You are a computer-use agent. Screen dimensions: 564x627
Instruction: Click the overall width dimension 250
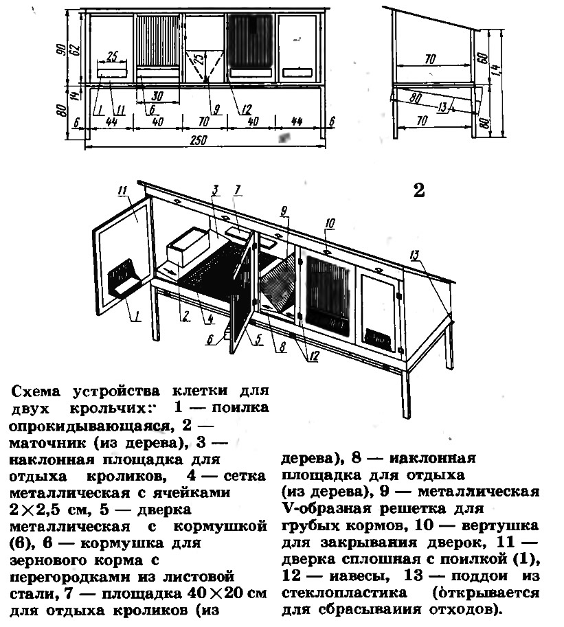[198, 140]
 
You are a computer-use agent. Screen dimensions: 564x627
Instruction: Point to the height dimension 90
[62, 49]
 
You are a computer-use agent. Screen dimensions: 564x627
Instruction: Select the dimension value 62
[75, 49]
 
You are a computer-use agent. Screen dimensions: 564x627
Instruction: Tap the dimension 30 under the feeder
[157, 96]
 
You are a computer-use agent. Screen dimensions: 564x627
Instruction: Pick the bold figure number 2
[419, 191]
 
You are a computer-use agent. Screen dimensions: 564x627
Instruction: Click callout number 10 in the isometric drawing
[330, 223]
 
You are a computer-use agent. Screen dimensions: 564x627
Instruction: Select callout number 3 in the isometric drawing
[215, 190]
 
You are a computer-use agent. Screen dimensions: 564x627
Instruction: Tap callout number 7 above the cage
[238, 190]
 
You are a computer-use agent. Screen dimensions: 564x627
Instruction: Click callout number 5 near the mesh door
[258, 339]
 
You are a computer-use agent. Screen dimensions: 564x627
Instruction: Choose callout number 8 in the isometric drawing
[282, 347]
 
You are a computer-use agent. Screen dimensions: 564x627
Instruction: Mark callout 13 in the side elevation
[443, 106]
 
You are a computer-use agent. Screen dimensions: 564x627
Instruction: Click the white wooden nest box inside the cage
[188, 247]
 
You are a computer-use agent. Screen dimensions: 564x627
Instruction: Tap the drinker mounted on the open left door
[122, 278]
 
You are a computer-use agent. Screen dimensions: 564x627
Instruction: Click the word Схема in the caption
[36, 391]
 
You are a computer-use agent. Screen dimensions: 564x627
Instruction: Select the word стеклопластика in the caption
[344, 593]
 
